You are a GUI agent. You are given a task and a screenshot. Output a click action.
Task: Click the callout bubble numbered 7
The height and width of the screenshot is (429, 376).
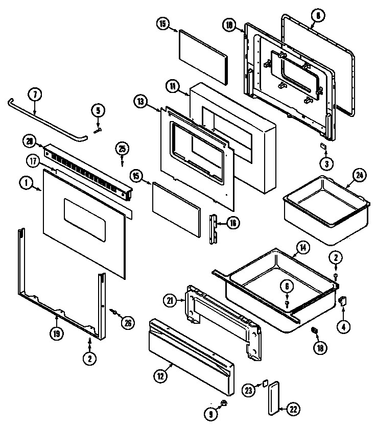(34, 95)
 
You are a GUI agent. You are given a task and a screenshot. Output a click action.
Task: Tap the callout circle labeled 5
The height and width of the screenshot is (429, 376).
(98, 109)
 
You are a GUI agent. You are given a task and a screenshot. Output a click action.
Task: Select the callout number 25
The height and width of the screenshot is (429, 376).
(122, 149)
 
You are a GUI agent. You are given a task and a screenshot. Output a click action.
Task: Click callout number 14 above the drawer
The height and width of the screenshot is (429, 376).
(303, 248)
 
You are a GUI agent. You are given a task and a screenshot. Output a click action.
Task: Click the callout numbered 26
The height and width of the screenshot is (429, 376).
(128, 322)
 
